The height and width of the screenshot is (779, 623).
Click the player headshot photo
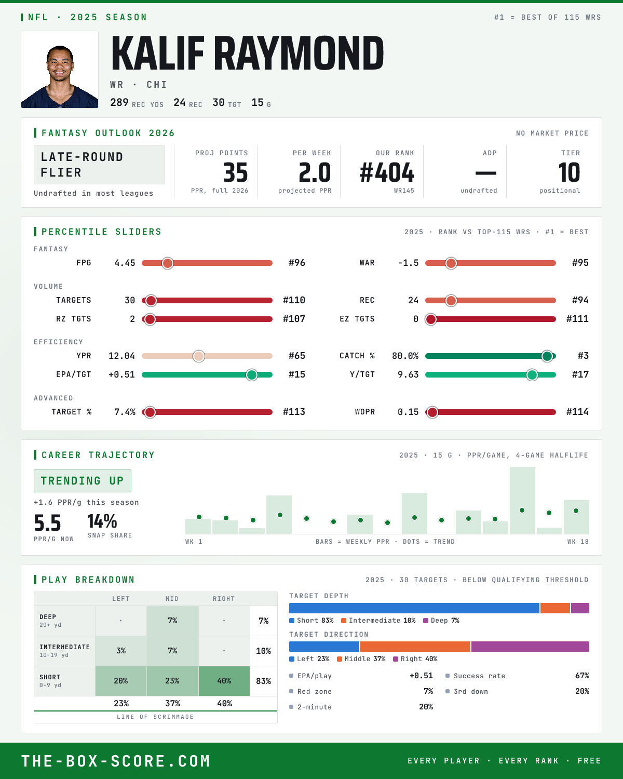pos(60,70)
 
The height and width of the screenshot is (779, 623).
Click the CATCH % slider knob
pos(547,356)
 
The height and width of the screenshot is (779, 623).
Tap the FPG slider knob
pos(168,263)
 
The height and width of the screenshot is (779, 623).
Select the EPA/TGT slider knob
pos(252,375)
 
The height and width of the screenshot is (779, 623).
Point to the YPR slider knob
pos(199,356)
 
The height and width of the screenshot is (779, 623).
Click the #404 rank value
pos(387,172)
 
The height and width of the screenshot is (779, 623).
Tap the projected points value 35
pos(236,172)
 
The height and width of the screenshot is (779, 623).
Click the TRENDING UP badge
pos(83,481)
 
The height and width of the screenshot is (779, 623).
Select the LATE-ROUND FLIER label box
pos(99,165)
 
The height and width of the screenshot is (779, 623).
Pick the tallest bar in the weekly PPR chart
pos(522,500)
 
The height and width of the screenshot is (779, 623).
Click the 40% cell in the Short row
pos(224,681)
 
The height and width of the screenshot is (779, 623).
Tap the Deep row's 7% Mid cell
pos(172,621)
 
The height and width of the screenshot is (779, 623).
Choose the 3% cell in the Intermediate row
pos(121,651)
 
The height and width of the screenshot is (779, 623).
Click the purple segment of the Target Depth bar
pos(580,608)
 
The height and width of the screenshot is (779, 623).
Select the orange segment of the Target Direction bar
pos(415,647)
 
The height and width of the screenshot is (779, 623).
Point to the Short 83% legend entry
pos(311,621)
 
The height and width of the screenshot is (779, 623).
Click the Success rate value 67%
pos(582,676)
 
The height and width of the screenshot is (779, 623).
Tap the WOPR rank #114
pos(577,412)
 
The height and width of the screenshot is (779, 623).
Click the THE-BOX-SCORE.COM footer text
pos(116,761)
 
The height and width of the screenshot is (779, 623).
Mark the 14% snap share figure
pos(102,521)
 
